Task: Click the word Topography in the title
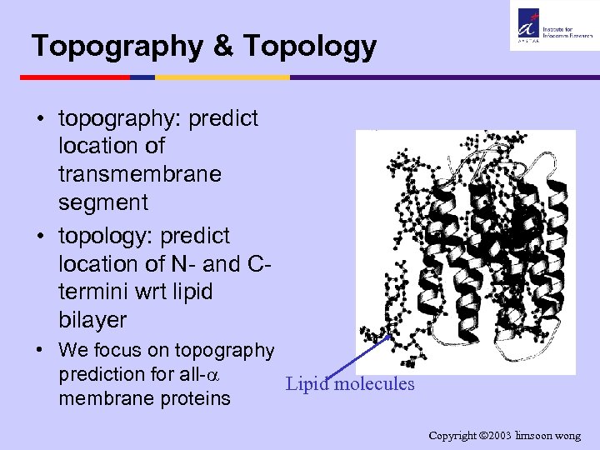pyautogui.click(x=115, y=47)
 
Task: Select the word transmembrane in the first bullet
pyautogui.click(x=140, y=174)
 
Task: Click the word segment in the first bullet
pyautogui.click(x=103, y=202)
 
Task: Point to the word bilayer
pyautogui.click(x=92, y=320)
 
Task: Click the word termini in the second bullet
pyautogui.click(x=95, y=292)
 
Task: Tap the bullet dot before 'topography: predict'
pyautogui.click(x=40, y=118)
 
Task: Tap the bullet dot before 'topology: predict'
pyautogui.click(x=40, y=236)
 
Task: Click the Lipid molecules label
pyautogui.click(x=349, y=384)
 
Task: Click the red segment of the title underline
pyautogui.click(x=75, y=77)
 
